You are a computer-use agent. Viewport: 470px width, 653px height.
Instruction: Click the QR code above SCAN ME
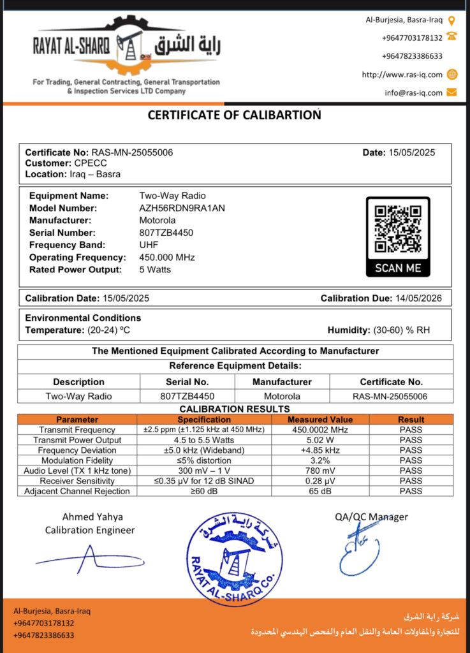pyautogui.click(x=397, y=229)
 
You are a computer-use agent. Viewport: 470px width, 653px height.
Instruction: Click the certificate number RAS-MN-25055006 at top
pyautogui.click(x=132, y=152)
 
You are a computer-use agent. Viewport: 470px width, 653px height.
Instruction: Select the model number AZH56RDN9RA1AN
pyautogui.click(x=182, y=208)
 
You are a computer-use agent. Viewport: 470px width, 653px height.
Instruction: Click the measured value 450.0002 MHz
pyautogui.click(x=320, y=430)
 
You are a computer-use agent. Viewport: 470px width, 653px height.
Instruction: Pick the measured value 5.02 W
pyautogui.click(x=320, y=440)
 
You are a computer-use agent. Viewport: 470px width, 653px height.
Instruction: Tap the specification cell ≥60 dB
pyautogui.click(x=204, y=491)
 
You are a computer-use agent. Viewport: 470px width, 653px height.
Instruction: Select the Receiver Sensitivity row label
pyautogui.click(x=77, y=481)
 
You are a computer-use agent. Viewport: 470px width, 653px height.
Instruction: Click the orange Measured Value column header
pyautogui.click(x=320, y=420)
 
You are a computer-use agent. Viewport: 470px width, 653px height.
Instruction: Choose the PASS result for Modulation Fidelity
pyautogui.click(x=411, y=460)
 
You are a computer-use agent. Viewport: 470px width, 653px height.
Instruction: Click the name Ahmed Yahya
pyautogui.click(x=92, y=517)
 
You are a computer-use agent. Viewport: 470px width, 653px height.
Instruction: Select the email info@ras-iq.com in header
pyautogui.click(x=413, y=92)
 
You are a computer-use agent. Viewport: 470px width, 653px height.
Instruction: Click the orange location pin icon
pyautogui.click(x=452, y=20)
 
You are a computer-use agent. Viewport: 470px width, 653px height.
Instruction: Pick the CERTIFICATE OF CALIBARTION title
pyautogui.click(x=234, y=115)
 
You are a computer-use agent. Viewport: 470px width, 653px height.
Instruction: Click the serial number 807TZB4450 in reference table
pyautogui.click(x=187, y=396)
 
